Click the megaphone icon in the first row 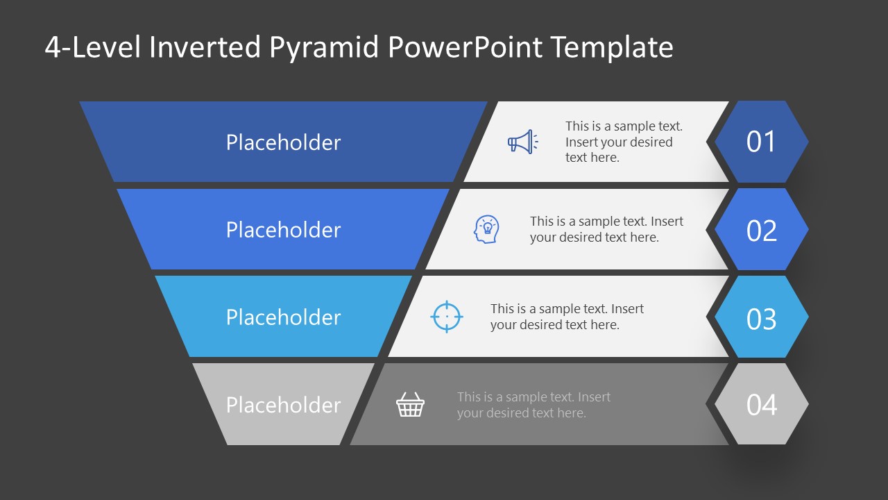point(522,142)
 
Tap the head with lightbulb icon point(486,229)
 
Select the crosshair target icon point(447,317)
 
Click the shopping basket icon point(410,405)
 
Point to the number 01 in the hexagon point(761,142)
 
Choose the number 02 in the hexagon point(761,231)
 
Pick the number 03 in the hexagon point(761,319)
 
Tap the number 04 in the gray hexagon point(761,406)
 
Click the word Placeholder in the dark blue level point(283,142)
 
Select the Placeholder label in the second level point(283,230)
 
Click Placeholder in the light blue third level point(283,317)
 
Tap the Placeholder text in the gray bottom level point(283,405)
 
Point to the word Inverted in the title point(205,48)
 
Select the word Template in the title point(612,48)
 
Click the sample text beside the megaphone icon point(623,142)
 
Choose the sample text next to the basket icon point(533,405)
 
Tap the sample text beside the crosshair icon point(567,317)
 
